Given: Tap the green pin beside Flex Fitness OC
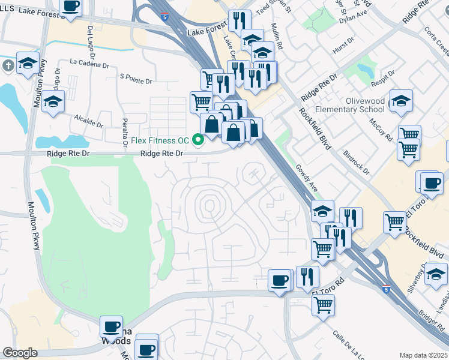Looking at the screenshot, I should coord(197,140).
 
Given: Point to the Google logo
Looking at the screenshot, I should coord(20,353).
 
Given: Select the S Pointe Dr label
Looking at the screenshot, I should coord(136,77).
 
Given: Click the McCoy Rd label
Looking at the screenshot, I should coord(382,128).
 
